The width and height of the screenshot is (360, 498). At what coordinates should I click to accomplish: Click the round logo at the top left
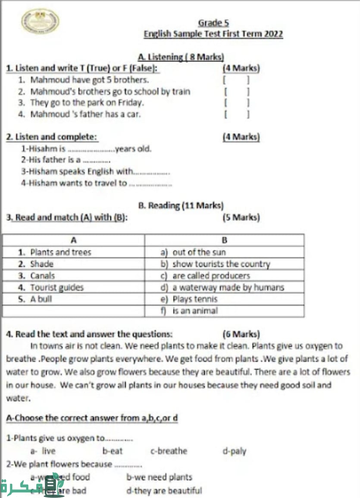point(40,22)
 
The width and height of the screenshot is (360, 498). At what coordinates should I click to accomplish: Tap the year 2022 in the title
point(273,34)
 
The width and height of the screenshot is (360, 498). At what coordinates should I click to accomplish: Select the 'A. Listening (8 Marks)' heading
point(181,57)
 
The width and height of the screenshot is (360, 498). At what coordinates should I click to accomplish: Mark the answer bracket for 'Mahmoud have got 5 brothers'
point(236,80)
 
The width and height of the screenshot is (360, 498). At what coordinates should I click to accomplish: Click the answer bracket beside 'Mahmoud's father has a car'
point(236,114)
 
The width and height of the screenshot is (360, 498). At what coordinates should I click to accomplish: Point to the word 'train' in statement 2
point(181,91)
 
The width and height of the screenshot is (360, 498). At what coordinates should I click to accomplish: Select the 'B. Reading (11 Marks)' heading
point(181,205)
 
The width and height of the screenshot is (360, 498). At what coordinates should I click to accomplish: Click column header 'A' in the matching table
point(73,240)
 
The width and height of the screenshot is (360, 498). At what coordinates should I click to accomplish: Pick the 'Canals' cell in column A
point(43,276)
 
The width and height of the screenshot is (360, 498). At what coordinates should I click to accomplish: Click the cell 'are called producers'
point(211,276)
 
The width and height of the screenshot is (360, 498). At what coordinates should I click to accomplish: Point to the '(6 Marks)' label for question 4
point(241,334)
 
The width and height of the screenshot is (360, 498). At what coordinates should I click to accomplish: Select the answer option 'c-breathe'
point(169,451)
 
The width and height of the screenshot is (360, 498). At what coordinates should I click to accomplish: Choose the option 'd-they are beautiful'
point(163,490)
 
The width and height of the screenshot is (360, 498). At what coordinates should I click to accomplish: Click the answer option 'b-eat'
point(112,451)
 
